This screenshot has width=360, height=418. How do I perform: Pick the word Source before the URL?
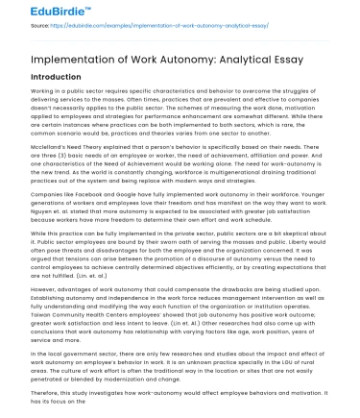pyautogui.click(x=16, y=29)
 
